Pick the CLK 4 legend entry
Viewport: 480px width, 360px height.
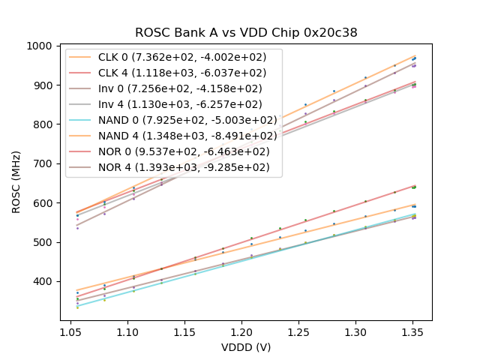pos(182,73)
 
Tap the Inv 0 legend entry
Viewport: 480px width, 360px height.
pos(180,88)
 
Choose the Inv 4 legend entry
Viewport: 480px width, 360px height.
pos(180,104)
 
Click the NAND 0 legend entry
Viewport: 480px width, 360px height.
pos(187,120)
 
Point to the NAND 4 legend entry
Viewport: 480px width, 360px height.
pos(187,136)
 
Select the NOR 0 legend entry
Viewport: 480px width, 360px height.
pos(184,151)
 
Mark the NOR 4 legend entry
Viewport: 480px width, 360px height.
pos(184,167)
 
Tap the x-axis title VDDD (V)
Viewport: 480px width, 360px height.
pos(246,347)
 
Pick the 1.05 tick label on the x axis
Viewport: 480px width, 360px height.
pos(70,331)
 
